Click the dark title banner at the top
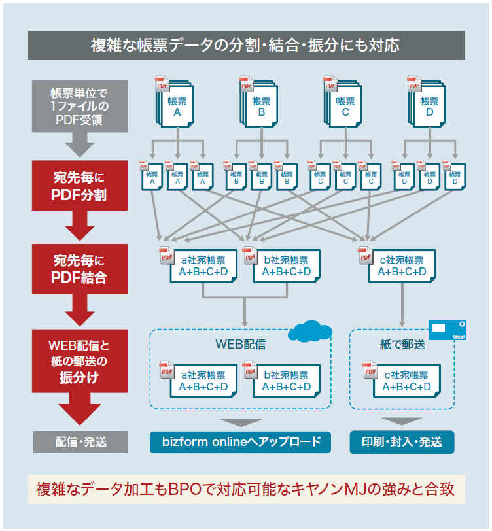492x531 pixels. click(246, 45)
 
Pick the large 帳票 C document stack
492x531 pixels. click(345, 105)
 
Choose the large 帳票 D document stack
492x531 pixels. click(429, 105)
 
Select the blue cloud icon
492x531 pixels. click(309, 332)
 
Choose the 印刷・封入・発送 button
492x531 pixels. click(402, 442)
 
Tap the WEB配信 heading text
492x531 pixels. click(240, 343)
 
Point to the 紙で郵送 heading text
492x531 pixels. click(402, 343)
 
